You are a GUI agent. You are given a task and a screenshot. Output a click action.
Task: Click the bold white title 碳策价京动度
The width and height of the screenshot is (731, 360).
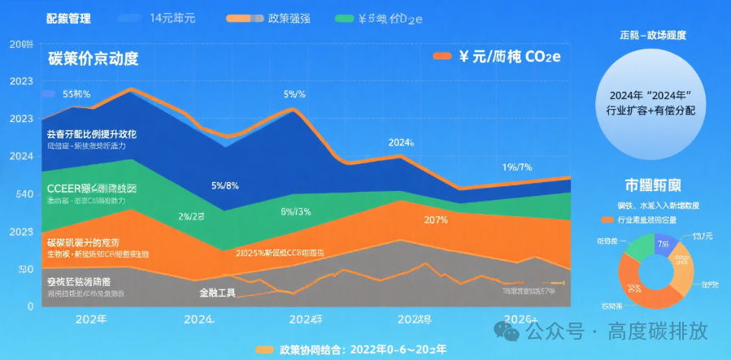[93, 59]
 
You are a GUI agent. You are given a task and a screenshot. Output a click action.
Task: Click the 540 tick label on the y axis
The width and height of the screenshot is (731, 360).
[21, 194]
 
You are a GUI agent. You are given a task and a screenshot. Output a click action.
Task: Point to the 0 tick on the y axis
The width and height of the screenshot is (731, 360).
[29, 306]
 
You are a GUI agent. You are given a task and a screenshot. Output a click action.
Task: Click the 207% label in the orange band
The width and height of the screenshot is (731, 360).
[436, 219]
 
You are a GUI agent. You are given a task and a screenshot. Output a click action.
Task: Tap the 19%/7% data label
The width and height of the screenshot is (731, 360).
[516, 167]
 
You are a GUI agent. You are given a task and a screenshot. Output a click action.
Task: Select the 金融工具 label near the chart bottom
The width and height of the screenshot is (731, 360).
[217, 292]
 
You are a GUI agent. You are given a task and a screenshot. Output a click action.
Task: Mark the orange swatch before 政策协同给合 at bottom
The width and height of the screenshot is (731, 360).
[264, 349]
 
